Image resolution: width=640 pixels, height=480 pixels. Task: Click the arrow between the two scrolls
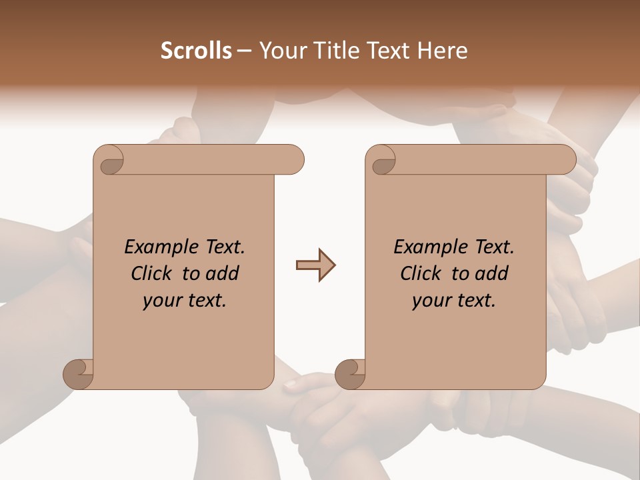(315, 265)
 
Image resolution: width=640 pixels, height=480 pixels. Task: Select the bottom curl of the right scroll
(351, 374)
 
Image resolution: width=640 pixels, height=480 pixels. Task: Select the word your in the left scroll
(161, 301)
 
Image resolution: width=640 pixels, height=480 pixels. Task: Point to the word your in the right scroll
(431, 301)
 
